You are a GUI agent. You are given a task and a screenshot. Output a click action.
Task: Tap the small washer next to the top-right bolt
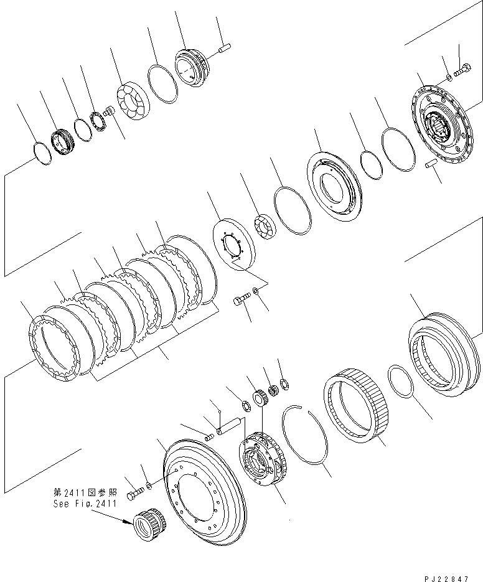tap(449, 78)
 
